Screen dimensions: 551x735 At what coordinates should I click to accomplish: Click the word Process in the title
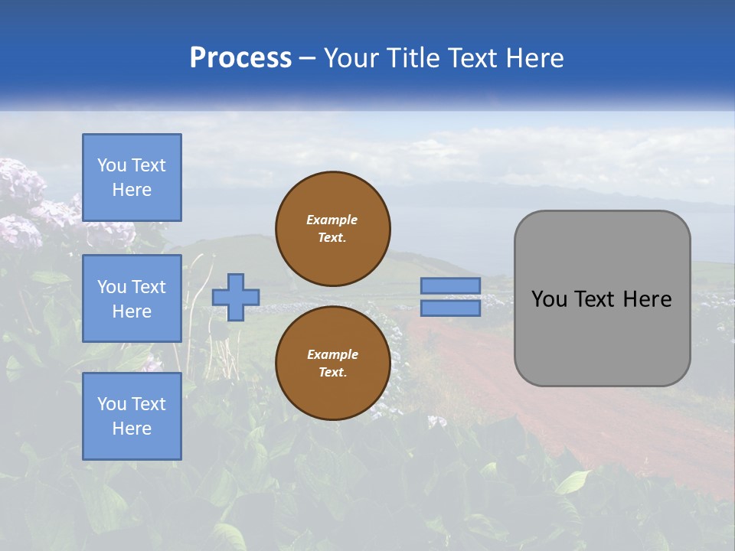click(x=240, y=58)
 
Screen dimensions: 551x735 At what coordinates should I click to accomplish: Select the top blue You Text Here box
click(x=132, y=178)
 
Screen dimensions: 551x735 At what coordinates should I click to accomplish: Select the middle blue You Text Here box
click(x=132, y=298)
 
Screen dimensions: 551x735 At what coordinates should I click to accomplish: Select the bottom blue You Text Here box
click(x=132, y=416)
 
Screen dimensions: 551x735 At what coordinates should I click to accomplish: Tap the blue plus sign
click(x=236, y=297)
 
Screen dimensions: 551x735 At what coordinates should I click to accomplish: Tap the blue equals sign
click(x=450, y=297)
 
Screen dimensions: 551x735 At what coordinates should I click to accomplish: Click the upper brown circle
click(x=333, y=228)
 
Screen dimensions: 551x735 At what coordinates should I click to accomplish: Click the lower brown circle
click(x=333, y=363)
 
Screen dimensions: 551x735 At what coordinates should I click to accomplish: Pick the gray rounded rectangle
click(x=602, y=298)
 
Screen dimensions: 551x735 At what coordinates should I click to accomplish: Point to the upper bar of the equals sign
click(x=450, y=285)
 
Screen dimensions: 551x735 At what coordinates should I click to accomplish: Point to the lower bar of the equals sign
click(x=450, y=308)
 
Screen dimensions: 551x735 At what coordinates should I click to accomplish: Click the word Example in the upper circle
click(x=332, y=220)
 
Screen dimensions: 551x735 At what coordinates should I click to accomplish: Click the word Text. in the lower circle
click(x=332, y=373)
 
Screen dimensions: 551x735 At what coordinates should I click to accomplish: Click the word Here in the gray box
click(x=647, y=299)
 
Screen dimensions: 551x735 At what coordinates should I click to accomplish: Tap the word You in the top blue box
click(x=112, y=165)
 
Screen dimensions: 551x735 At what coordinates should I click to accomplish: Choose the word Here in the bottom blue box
click(x=132, y=429)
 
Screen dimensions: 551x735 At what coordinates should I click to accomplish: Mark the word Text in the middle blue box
click(x=149, y=287)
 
